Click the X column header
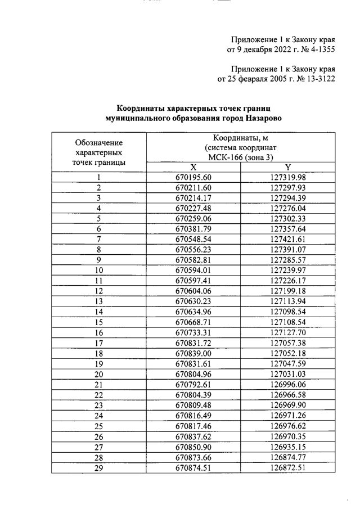(x=193, y=167)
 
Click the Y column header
(x=287, y=167)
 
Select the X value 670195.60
(x=193, y=178)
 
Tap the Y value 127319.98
(x=287, y=178)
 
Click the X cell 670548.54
(x=193, y=239)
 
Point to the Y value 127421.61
(x=287, y=239)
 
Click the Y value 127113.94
(x=287, y=301)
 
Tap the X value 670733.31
(x=193, y=332)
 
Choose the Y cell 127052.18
(x=287, y=352)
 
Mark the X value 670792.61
(x=193, y=383)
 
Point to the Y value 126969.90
(x=287, y=404)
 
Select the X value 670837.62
(x=193, y=435)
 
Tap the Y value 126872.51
(x=287, y=466)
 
